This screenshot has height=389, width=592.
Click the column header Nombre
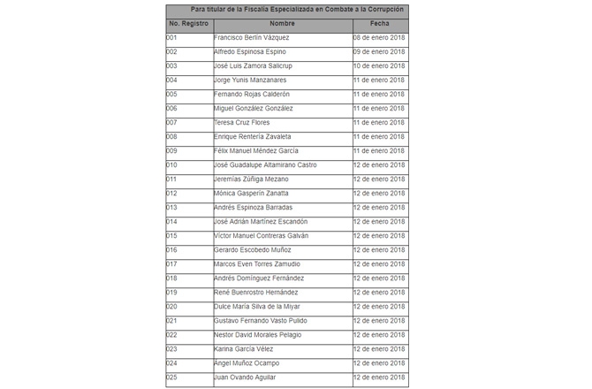(283, 24)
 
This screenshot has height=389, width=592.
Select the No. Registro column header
(188, 24)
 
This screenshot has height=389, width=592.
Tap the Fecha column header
(379, 24)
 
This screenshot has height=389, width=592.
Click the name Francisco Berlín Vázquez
(252, 38)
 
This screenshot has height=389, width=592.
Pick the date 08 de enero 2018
(379, 38)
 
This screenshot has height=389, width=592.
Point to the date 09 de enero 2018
(379, 52)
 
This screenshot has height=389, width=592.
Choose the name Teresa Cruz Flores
(242, 123)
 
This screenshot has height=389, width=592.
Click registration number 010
(171, 165)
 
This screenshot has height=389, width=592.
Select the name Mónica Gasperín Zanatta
(251, 194)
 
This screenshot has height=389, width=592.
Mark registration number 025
(171, 378)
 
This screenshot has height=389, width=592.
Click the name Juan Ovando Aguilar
(246, 378)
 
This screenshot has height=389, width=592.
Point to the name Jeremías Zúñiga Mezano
(251, 179)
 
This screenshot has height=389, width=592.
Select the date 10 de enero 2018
(379, 66)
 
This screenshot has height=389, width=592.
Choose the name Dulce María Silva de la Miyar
(258, 307)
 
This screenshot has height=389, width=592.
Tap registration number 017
(171, 264)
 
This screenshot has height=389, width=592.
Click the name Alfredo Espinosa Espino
(250, 52)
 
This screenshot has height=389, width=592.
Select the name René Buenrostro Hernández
(256, 293)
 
